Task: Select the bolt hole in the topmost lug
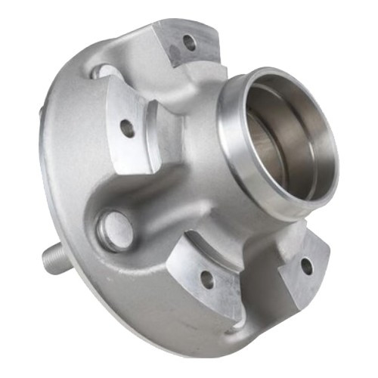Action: tap(189, 43)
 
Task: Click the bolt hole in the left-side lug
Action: tap(128, 128)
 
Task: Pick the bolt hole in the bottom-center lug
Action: tap(206, 280)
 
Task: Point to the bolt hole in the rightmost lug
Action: tap(306, 265)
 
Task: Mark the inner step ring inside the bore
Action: tap(261, 113)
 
